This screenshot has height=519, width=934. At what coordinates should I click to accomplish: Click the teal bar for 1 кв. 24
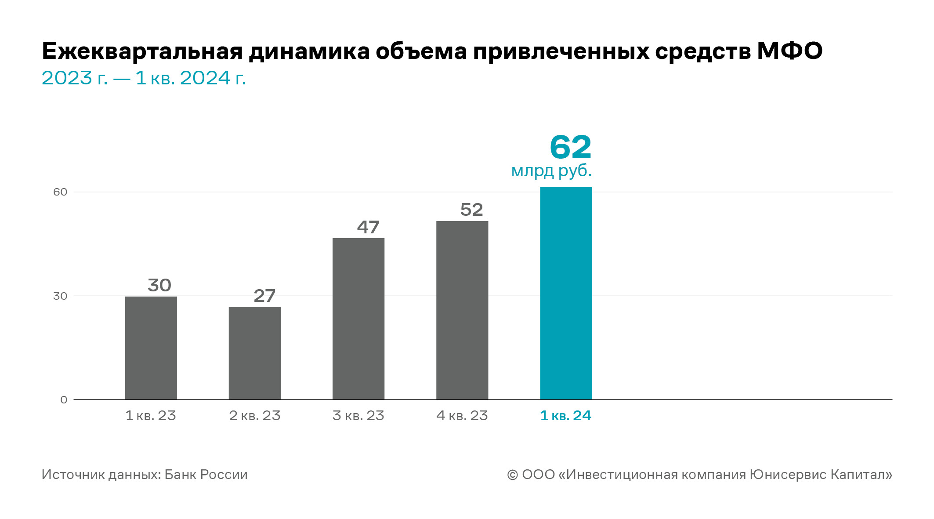point(566,293)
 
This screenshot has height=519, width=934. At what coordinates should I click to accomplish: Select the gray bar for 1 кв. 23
point(151,348)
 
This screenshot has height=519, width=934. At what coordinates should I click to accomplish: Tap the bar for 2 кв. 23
point(254,353)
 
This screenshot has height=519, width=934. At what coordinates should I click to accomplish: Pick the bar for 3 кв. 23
point(358,319)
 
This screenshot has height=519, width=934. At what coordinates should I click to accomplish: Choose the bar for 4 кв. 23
point(462,310)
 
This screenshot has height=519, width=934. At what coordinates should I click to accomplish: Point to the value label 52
point(471,210)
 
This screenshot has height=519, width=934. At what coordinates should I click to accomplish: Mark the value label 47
point(368,227)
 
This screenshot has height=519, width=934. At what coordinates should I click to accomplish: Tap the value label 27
point(264,296)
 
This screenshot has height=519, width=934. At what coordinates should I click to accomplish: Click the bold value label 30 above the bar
point(159,285)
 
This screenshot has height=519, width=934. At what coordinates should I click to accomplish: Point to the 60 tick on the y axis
point(60,192)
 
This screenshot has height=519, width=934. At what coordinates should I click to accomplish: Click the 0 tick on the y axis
point(64,400)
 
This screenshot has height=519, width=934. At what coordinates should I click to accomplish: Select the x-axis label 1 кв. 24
point(565,415)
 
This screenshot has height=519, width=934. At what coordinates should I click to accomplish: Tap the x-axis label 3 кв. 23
point(358,415)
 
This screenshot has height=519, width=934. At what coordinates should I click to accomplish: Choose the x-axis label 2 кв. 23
point(254,415)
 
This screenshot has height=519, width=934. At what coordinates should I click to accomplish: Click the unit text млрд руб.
point(551,171)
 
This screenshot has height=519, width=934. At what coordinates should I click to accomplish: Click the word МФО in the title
point(789,51)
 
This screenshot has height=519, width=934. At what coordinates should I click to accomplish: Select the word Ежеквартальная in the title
point(142,51)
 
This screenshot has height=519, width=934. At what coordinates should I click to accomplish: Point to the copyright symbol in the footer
point(512,475)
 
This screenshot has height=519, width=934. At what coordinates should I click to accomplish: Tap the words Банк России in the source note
point(206,475)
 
